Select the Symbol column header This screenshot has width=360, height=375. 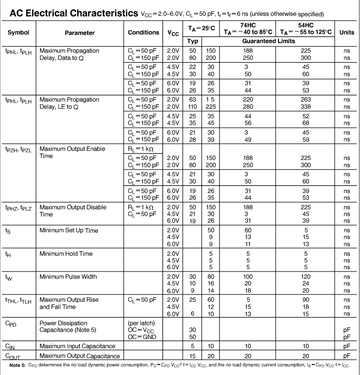click(x=18, y=33)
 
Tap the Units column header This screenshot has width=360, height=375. click(x=347, y=33)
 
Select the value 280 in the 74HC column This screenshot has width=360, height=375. click(x=248, y=107)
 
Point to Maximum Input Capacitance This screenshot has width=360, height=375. click(x=77, y=346)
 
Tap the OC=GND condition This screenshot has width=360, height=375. click(x=142, y=337)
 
